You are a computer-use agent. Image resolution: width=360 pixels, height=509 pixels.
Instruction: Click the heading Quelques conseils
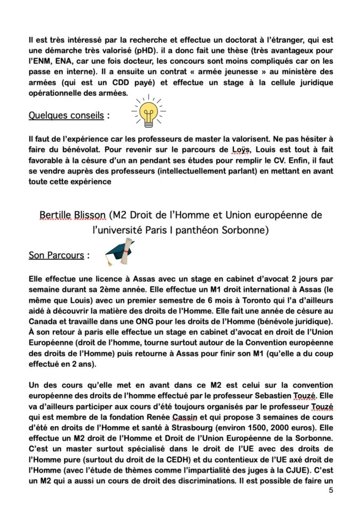pos(66,115)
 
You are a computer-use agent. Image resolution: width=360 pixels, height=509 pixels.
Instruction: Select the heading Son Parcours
pos(56,255)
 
